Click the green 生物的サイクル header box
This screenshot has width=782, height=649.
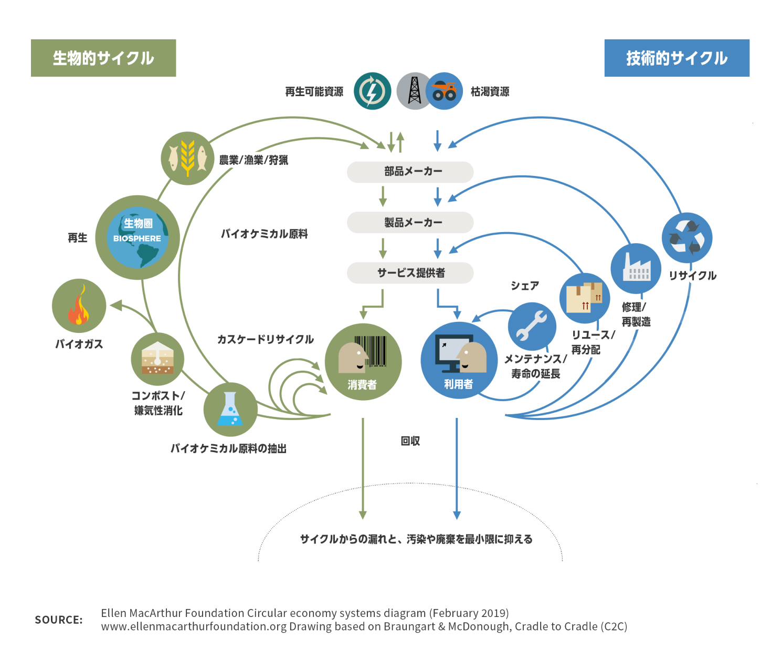click(x=103, y=58)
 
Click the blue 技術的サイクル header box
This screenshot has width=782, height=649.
click(x=677, y=58)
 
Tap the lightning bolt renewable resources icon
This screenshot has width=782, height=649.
click(x=372, y=91)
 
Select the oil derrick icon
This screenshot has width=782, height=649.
click(x=414, y=91)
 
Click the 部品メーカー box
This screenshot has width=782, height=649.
click(x=410, y=172)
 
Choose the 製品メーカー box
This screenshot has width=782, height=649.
click(x=410, y=222)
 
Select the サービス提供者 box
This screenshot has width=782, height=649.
click(x=410, y=273)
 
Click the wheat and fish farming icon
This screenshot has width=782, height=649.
click(x=187, y=158)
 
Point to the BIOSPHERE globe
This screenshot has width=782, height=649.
click(x=138, y=237)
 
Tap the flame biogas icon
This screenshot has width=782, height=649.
click(x=79, y=306)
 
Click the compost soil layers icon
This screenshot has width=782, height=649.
click(x=157, y=359)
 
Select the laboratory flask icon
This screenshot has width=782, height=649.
click(x=230, y=410)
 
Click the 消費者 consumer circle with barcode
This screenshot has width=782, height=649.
click(x=363, y=362)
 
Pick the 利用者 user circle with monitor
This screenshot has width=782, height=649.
click(x=459, y=360)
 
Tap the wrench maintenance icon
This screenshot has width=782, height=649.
click(x=532, y=326)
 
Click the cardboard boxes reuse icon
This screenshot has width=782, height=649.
click(x=585, y=298)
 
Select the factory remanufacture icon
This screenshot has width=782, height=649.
click(x=636, y=268)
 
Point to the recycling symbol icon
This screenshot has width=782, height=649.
click(x=686, y=238)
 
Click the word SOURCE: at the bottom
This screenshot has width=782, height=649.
click(x=59, y=620)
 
